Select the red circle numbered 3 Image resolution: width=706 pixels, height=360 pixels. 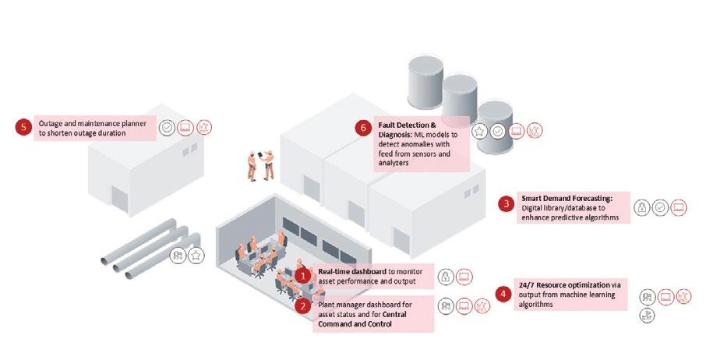click(x=507, y=204)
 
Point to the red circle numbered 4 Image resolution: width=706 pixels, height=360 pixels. click(x=503, y=294)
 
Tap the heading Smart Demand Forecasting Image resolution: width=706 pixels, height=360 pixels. click(x=567, y=199)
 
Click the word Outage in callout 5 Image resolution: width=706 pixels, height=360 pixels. click(x=51, y=123)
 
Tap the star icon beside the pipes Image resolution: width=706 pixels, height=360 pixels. click(x=196, y=255)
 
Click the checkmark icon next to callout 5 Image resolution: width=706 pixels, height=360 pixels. click(x=167, y=128)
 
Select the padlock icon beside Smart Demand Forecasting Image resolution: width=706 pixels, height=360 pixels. click(x=641, y=208)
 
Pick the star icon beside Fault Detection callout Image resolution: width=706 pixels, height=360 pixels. click(x=480, y=132)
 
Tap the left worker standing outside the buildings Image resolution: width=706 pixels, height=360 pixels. click(x=252, y=164)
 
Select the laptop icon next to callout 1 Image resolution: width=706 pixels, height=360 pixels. click(x=464, y=276)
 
